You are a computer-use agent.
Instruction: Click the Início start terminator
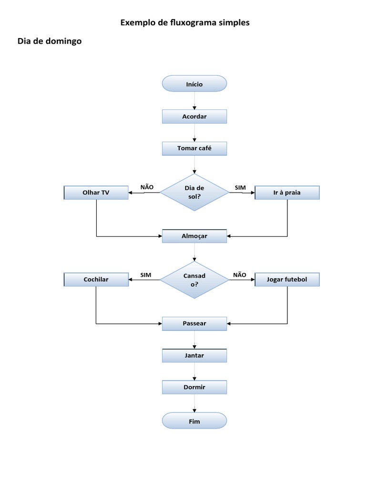point(194,84)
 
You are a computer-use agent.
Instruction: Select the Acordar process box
point(194,117)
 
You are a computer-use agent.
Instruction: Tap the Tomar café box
point(194,148)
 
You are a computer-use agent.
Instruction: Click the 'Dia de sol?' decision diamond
point(194,192)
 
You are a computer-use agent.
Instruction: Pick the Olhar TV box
point(96,193)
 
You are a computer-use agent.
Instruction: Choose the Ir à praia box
point(287,193)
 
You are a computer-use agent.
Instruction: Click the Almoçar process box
point(194,236)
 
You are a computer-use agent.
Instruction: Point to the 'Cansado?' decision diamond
point(194,280)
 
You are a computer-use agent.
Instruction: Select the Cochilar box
point(96,280)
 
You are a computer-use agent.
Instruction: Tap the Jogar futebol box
point(287,280)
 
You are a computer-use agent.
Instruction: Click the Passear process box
point(194,323)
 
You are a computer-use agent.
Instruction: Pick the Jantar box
point(194,355)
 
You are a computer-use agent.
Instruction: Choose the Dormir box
point(194,387)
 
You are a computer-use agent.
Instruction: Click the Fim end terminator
point(194,421)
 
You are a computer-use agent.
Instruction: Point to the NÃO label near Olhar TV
point(147,187)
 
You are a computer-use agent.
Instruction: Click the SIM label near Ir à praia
point(240,187)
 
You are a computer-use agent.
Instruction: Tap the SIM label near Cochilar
point(146,275)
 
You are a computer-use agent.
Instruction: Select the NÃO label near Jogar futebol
point(240,274)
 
